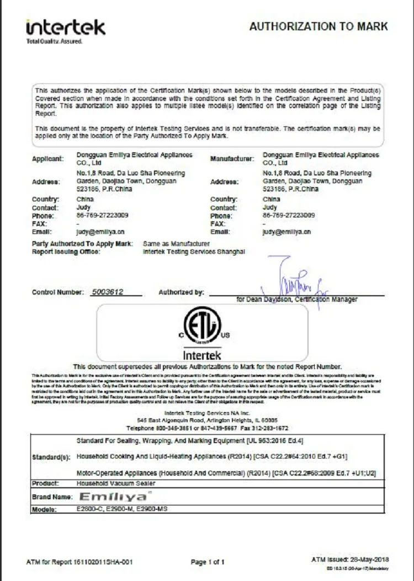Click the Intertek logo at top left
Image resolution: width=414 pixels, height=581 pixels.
pos(65,30)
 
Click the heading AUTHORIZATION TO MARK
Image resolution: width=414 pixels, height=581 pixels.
pos(319,26)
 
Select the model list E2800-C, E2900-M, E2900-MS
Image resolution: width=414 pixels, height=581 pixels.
pos(121,509)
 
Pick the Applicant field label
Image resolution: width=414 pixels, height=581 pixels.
pos(48,159)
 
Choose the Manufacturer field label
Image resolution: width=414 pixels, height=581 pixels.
pos(232,159)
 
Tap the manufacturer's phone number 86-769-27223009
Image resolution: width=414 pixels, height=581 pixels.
pos(289,215)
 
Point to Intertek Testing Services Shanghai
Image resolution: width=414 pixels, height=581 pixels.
pos(193,252)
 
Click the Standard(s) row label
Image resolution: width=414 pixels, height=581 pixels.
pos(51,458)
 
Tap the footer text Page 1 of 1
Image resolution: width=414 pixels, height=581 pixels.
pos(208,562)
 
